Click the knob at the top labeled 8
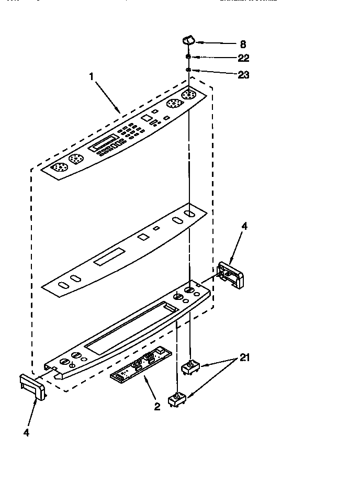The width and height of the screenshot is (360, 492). pyautogui.click(x=188, y=41)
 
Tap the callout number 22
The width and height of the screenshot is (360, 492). pyautogui.click(x=243, y=58)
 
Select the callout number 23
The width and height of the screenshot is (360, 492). pyautogui.click(x=243, y=75)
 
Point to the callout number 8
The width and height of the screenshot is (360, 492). pyautogui.click(x=242, y=44)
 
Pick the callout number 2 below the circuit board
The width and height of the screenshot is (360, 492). pyautogui.click(x=157, y=406)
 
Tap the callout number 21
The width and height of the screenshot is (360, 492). pyautogui.click(x=244, y=358)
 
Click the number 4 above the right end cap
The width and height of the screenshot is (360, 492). pyautogui.click(x=244, y=226)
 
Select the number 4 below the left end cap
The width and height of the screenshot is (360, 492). pyautogui.click(x=26, y=432)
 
